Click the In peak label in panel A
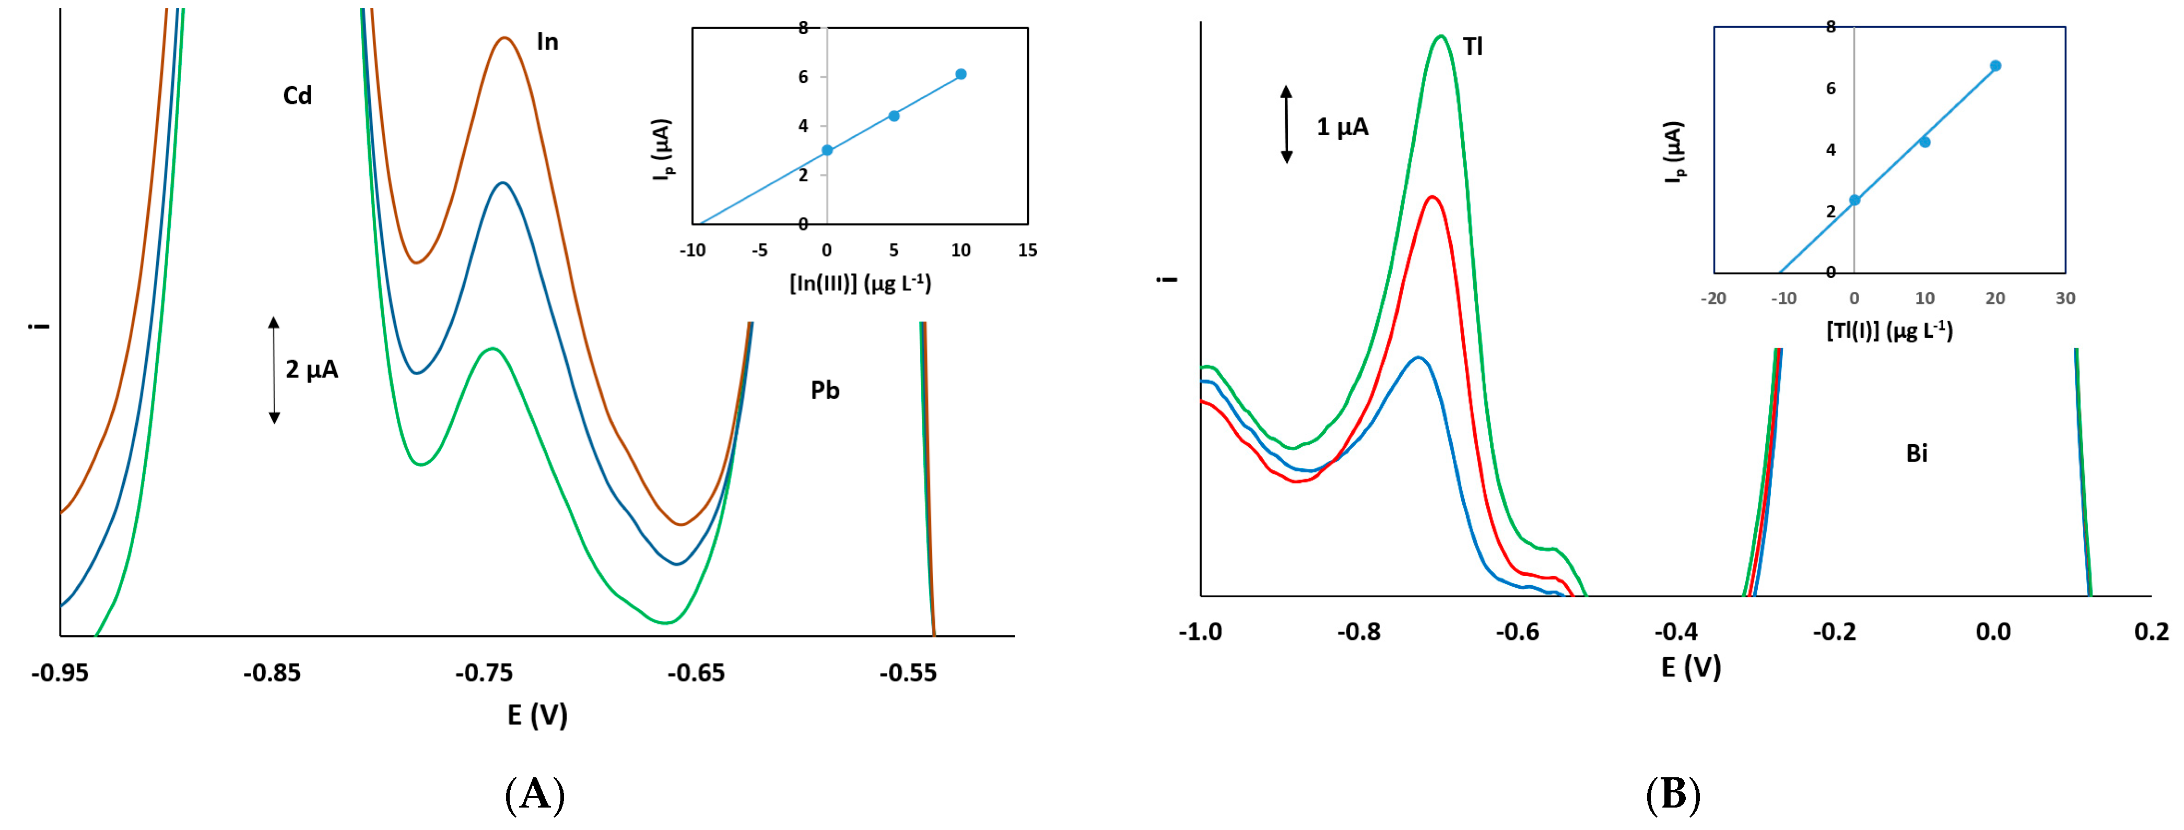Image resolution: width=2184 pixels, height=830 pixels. [x=548, y=42]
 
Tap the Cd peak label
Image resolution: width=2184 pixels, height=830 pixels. [x=298, y=95]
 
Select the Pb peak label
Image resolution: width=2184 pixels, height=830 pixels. [x=825, y=390]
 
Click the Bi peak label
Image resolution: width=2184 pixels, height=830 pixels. [x=1917, y=454]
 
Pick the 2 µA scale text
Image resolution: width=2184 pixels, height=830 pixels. [x=312, y=370]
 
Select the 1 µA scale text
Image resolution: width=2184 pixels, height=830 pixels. [x=1342, y=127]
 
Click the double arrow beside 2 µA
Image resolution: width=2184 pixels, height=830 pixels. [x=274, y=370]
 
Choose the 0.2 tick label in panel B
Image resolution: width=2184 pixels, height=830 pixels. [x=2152, y=632]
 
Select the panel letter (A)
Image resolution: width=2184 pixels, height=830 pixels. [x=535, y=795]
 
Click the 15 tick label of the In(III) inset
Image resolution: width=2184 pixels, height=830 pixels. [x=1028, y=250]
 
